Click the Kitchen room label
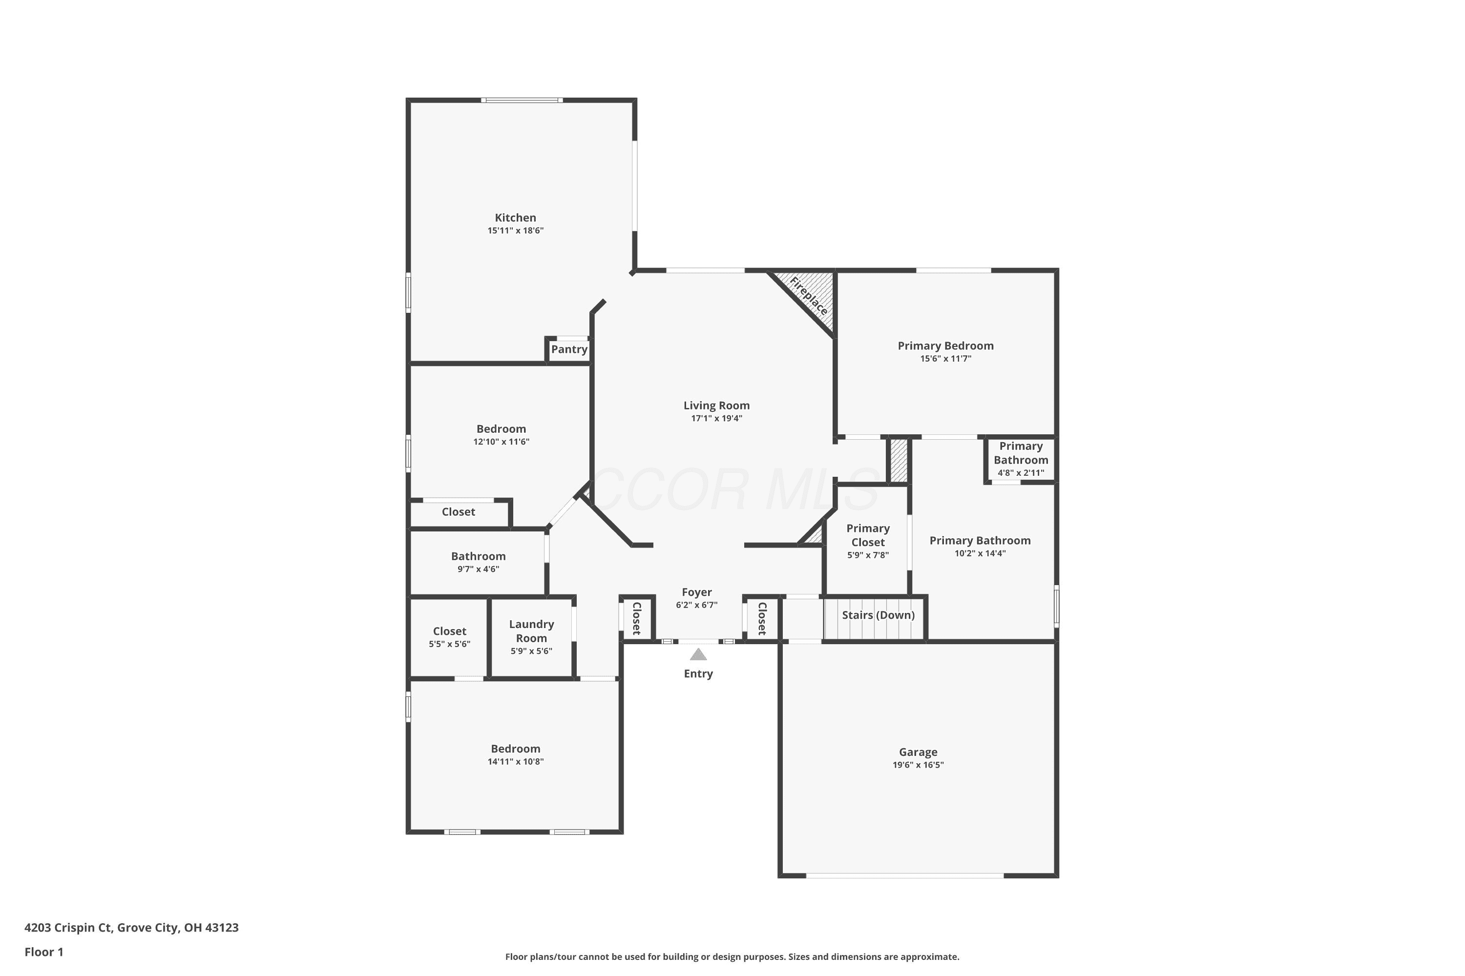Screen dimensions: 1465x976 tap(515, 218)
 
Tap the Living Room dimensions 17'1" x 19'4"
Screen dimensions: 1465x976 tap(716, 418)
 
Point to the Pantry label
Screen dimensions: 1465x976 tap(569, 349)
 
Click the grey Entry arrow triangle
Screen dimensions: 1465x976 tap(698, 654)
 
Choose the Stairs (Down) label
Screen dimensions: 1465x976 tap(878, 615)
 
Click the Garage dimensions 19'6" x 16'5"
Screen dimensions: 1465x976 tap(918, 765)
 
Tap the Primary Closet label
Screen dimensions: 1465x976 tap(868, 535)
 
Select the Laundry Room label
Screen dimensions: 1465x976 tap(531, 631)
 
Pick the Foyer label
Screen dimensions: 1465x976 tap(696, 592)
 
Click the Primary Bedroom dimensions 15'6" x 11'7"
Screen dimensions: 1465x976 tap(945, 359)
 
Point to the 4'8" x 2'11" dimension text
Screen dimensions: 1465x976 tap(1021, 473)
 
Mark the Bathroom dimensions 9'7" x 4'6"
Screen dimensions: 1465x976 tap(479, 569)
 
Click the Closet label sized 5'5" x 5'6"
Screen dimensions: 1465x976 tap(450, 631)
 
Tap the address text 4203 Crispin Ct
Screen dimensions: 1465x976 tap(68, 928)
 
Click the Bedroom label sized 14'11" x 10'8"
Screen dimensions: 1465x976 tap(515, 749)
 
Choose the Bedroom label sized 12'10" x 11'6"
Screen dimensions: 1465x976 tap(501, 429)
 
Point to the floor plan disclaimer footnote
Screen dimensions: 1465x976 tap(732, 956)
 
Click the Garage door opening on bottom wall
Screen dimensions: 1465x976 tap(905, 876)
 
